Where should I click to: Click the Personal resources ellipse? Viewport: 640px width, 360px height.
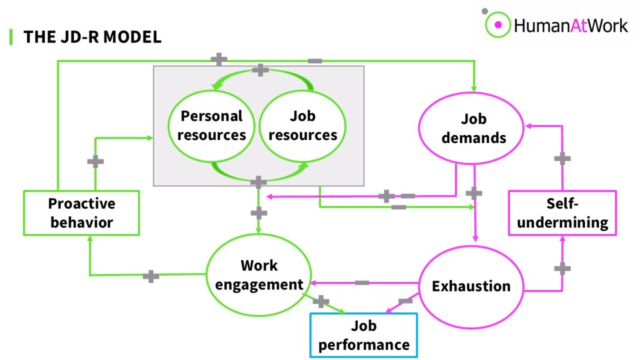pyautogui.click(x=212, y=125)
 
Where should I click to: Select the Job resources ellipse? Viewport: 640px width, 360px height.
pyautogui.click(x=302, y=125)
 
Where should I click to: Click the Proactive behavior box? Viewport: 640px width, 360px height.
pyautogui.click(x=81, y=213)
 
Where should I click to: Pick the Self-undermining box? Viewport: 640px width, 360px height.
pyautogui.click(x=562, y=213)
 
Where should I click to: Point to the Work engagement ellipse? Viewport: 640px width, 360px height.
pyautogui.click(x=259, y=274)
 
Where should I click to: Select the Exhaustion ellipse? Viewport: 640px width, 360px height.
pyautogui.click(x=471, y=286)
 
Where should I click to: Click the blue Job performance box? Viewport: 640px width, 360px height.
pyautogui.click(x=363, y=334)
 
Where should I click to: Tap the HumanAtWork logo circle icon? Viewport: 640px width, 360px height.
pyautogui.click(x=498, y=26)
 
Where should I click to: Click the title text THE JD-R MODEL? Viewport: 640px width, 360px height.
pyautogui.click(x=92, y=37)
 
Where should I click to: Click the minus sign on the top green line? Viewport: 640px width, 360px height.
pyautogui.click(x=315, y=61)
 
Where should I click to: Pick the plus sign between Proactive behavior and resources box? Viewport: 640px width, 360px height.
pyautogui.click(x=95, y=162)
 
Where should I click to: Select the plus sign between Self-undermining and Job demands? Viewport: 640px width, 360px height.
pyautogui.click(x=562, y=158)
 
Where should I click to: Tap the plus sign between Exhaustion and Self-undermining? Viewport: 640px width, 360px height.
pyautogui.click(x=562, y=268)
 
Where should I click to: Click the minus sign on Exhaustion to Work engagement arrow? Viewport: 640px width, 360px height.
pyautogui.click(x=362, y=283)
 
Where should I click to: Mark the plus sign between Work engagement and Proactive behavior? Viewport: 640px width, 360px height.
pyautogui.click(x=151, y=276)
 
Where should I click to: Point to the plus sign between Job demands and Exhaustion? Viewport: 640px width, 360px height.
pyautogui.click(x=474, y=193)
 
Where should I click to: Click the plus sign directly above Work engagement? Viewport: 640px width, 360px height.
pyautogui.click(x=259, y=213)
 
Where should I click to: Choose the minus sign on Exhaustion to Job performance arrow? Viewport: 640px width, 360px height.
pyautogui.click(x=405, y=301)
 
